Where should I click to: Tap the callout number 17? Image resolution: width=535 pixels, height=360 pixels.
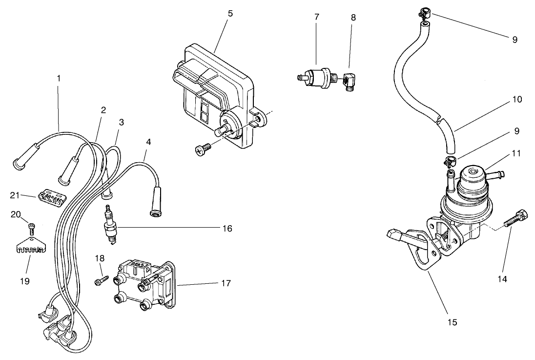point(226,283)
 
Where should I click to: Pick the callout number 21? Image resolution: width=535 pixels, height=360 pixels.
point(14,195)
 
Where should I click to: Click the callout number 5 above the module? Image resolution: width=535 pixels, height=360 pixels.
point(229,14)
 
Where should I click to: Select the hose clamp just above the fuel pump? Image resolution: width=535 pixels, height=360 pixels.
point(450,159)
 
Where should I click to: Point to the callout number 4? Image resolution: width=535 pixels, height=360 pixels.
point(148,142)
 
